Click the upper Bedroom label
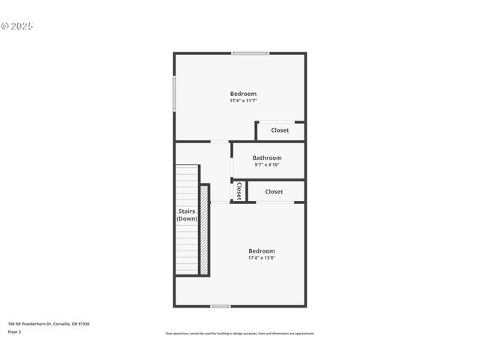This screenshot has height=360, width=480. (243, 94)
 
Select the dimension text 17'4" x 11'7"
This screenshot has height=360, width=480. (243, 100)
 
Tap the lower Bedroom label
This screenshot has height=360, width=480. (262, 250)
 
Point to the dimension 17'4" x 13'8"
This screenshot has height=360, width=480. (262, 258)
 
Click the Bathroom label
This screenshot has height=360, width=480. (267, 157)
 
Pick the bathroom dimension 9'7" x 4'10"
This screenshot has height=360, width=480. (267, 164)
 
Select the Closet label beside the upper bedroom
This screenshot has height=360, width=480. (280, 130)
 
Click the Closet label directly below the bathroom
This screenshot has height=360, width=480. (274, 192)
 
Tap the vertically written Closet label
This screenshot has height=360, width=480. (238, 191)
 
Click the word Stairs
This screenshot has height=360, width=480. (187, 211)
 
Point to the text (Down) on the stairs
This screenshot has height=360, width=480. (187, 219)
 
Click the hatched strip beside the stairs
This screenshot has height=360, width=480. (203, 229)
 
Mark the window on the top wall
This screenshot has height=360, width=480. (250, 53)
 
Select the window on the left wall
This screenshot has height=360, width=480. (175, 94)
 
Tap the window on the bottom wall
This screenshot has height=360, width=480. (220, 306)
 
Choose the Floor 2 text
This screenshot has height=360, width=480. (15, 331)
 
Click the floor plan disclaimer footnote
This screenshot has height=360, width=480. (240, 333)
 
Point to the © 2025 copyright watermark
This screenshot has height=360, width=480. (17, 26)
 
